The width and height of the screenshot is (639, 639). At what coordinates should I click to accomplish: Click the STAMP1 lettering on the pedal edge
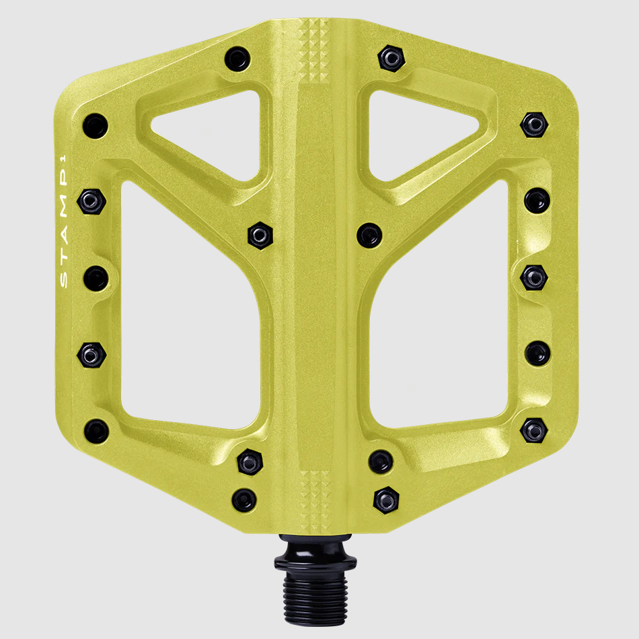[x=64, y=222]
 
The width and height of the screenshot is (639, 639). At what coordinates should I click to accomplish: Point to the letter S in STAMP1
[x=64, y=281]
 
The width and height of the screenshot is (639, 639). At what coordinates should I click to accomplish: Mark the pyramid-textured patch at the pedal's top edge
[x=314, y=49]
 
